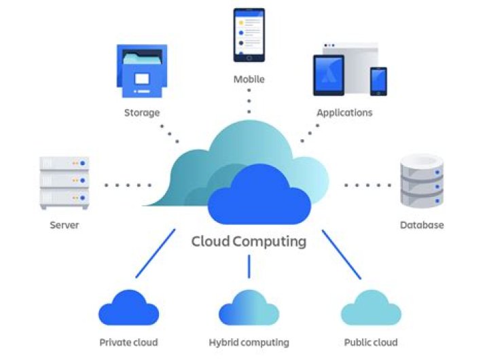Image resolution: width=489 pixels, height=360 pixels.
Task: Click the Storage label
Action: pos(141,113)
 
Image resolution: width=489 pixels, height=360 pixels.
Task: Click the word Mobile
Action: pos(249,79)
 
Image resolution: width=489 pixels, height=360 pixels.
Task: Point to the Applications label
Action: pos(344,113)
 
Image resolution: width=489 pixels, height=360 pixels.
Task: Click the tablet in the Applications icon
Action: pos(329,75)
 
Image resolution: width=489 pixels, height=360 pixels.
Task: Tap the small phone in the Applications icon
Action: pos(378,81)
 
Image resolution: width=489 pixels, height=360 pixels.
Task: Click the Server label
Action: pos(65,225)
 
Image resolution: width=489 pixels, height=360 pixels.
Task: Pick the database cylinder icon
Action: pos(421,180)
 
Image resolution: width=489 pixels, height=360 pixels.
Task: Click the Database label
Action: pos(421,225)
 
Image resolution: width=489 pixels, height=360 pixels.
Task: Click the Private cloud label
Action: pos(128,342)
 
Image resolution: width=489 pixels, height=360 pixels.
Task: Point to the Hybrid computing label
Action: pos(249,342)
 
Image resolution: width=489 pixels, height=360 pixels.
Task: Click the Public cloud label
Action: pos(370,342)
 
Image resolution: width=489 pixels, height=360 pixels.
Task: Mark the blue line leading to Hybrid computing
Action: pos(249,266)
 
